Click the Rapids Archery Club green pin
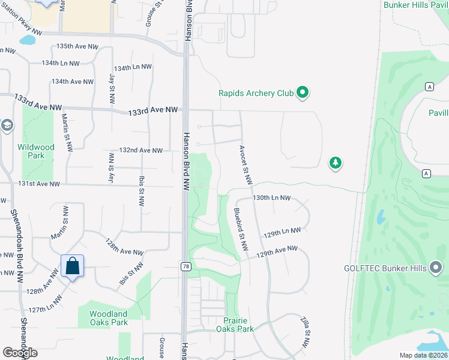point(303,93)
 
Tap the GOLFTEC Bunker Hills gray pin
point(436,268)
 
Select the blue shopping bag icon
point(72,266)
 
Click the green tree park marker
point(335,163)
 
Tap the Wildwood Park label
point(36,151)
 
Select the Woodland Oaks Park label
point(109,318)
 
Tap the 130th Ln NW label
point(271,197)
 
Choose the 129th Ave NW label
point(277,251)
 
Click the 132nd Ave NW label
point(141,150)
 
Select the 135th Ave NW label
point(77,46)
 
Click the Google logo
point(20,353)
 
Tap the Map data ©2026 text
point(423,355)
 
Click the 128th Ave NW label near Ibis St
point(124,248)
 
